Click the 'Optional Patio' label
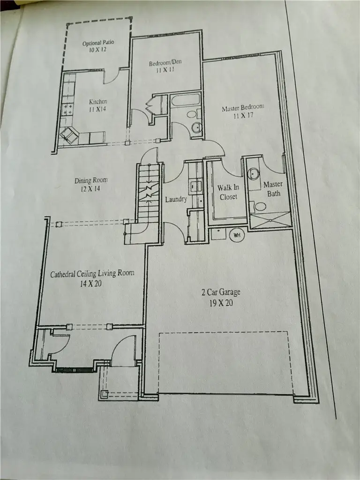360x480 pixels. [98, 43]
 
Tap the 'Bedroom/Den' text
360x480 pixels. [165, 63]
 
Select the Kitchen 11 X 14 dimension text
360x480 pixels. [97, 109]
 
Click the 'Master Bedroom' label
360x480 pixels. [243, 108]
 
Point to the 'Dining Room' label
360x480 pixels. [91, 180]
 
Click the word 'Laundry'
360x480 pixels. [176, 200]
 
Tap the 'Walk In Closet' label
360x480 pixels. [229, 192]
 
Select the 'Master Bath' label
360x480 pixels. [273, 189]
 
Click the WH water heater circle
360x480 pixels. [237, 235]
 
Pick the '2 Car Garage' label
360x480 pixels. [221, 292]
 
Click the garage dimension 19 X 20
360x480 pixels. [221, 303]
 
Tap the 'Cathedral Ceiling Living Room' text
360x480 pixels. [92, 273]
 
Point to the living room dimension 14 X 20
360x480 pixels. [90, 284]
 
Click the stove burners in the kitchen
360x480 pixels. [67, 110]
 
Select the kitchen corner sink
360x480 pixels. [69, 135]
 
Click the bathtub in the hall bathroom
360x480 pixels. [185, 100]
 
